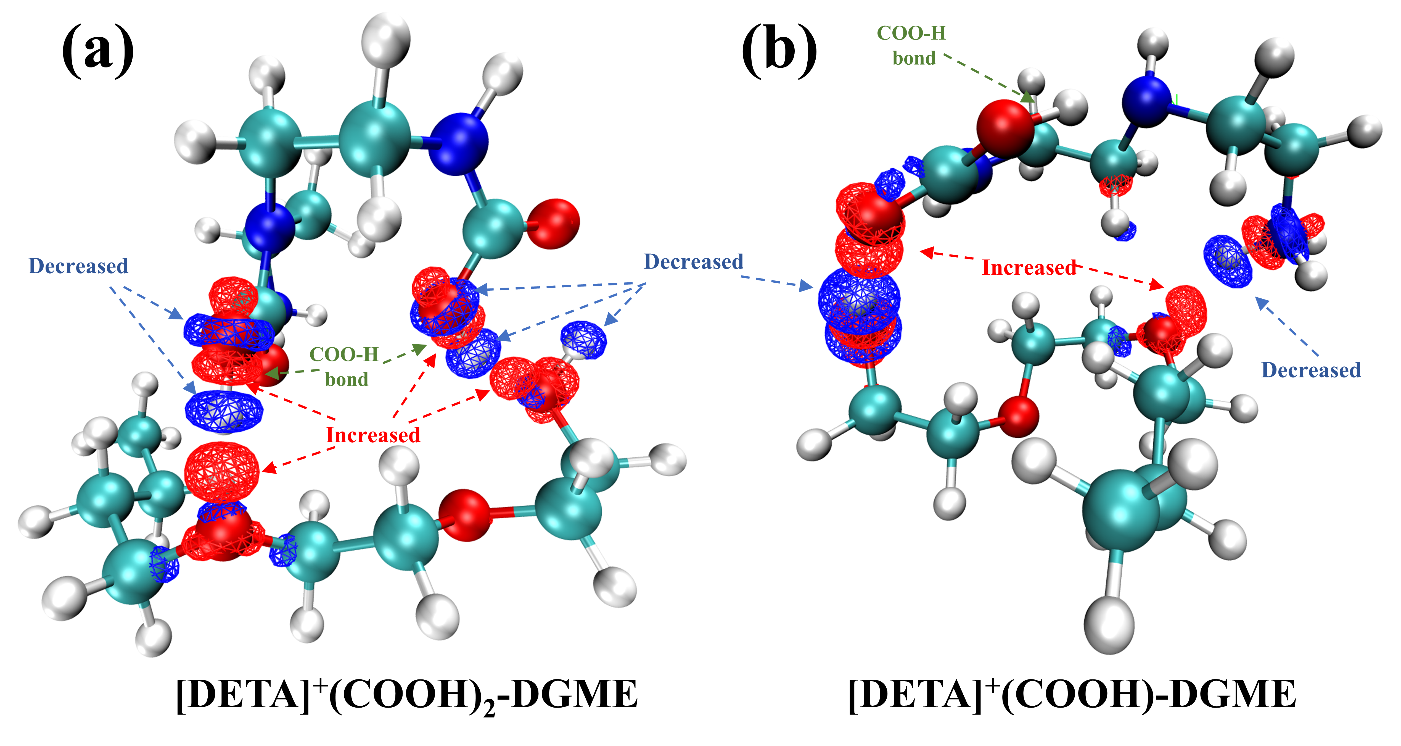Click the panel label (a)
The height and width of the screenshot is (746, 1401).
(98, 52)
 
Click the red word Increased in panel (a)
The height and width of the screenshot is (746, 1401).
(373, 435)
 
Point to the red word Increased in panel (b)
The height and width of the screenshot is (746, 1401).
(1029, 268)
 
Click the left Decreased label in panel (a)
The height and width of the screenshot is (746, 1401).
(78, 266)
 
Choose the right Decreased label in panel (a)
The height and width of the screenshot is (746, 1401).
(693, 262)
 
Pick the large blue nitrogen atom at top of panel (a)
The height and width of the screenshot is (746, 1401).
(458, 144)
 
